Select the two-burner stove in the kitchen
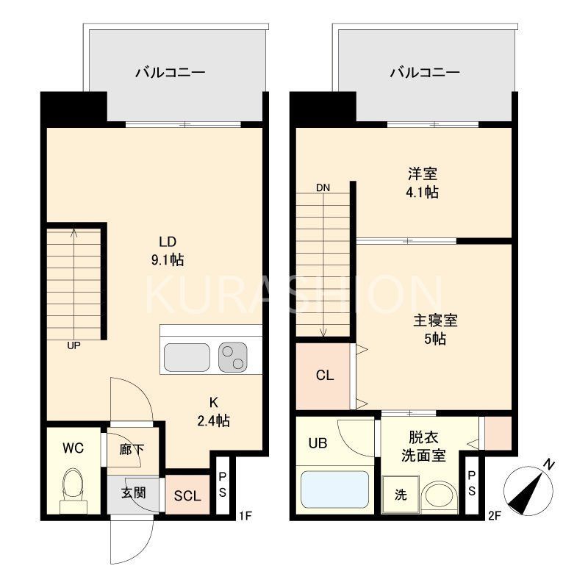tap(235, 358)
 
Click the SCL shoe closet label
tap(187, 495)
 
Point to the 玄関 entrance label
tap(133, 492)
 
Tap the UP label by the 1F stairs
tap(73, 345)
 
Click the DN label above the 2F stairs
tap(323, 187)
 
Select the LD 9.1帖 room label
tap(168, 251)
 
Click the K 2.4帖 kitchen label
tap(213, 412)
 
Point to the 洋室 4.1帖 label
tap(423, 184)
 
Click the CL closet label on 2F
tap(325, 376)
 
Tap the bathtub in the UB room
tap(335, 489)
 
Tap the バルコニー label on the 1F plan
tap(169, 73)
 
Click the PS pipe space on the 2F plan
tap(472, 484)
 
